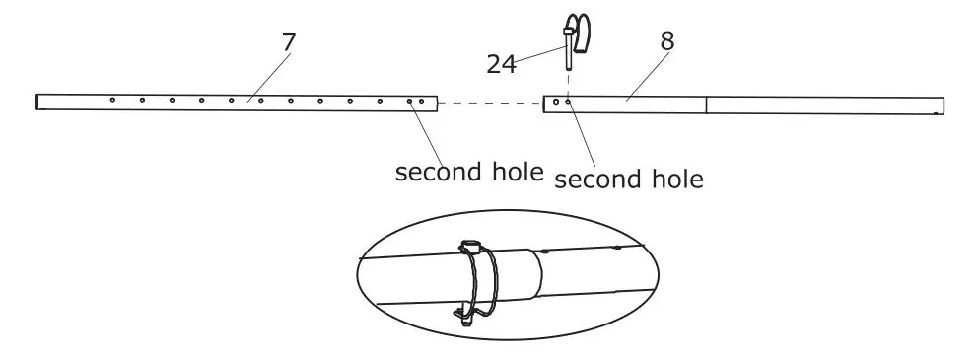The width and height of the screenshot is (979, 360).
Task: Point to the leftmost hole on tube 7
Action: pos(113,100)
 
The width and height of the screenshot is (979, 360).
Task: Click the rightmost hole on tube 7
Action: pos(422,101)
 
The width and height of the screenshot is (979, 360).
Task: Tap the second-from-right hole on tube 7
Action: pos(410,101)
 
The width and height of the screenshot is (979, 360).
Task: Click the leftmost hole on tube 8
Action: pos(557,101)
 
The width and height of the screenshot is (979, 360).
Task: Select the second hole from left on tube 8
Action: pos(568,101)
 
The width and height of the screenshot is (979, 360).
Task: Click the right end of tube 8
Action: pos(942,105)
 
